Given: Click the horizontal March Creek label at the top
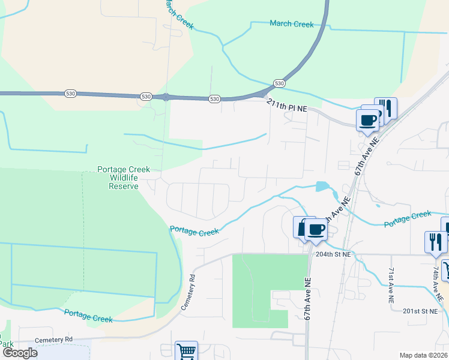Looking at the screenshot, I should tap(292, 24).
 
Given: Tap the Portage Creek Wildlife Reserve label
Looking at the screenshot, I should tap(124, 178).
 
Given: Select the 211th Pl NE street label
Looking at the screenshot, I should tap(287, 104).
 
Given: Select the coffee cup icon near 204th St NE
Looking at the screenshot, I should tap(315, 229).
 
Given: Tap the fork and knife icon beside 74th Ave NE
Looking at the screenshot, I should tap(435, 242).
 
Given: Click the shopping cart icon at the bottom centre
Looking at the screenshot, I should tap(186, 352).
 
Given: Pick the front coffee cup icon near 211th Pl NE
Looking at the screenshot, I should tap(367, 118).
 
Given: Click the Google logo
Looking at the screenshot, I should tap(19, 353).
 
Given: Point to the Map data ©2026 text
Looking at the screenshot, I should tap(423, 355).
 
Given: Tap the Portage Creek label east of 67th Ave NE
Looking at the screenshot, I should tap(408, 218).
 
